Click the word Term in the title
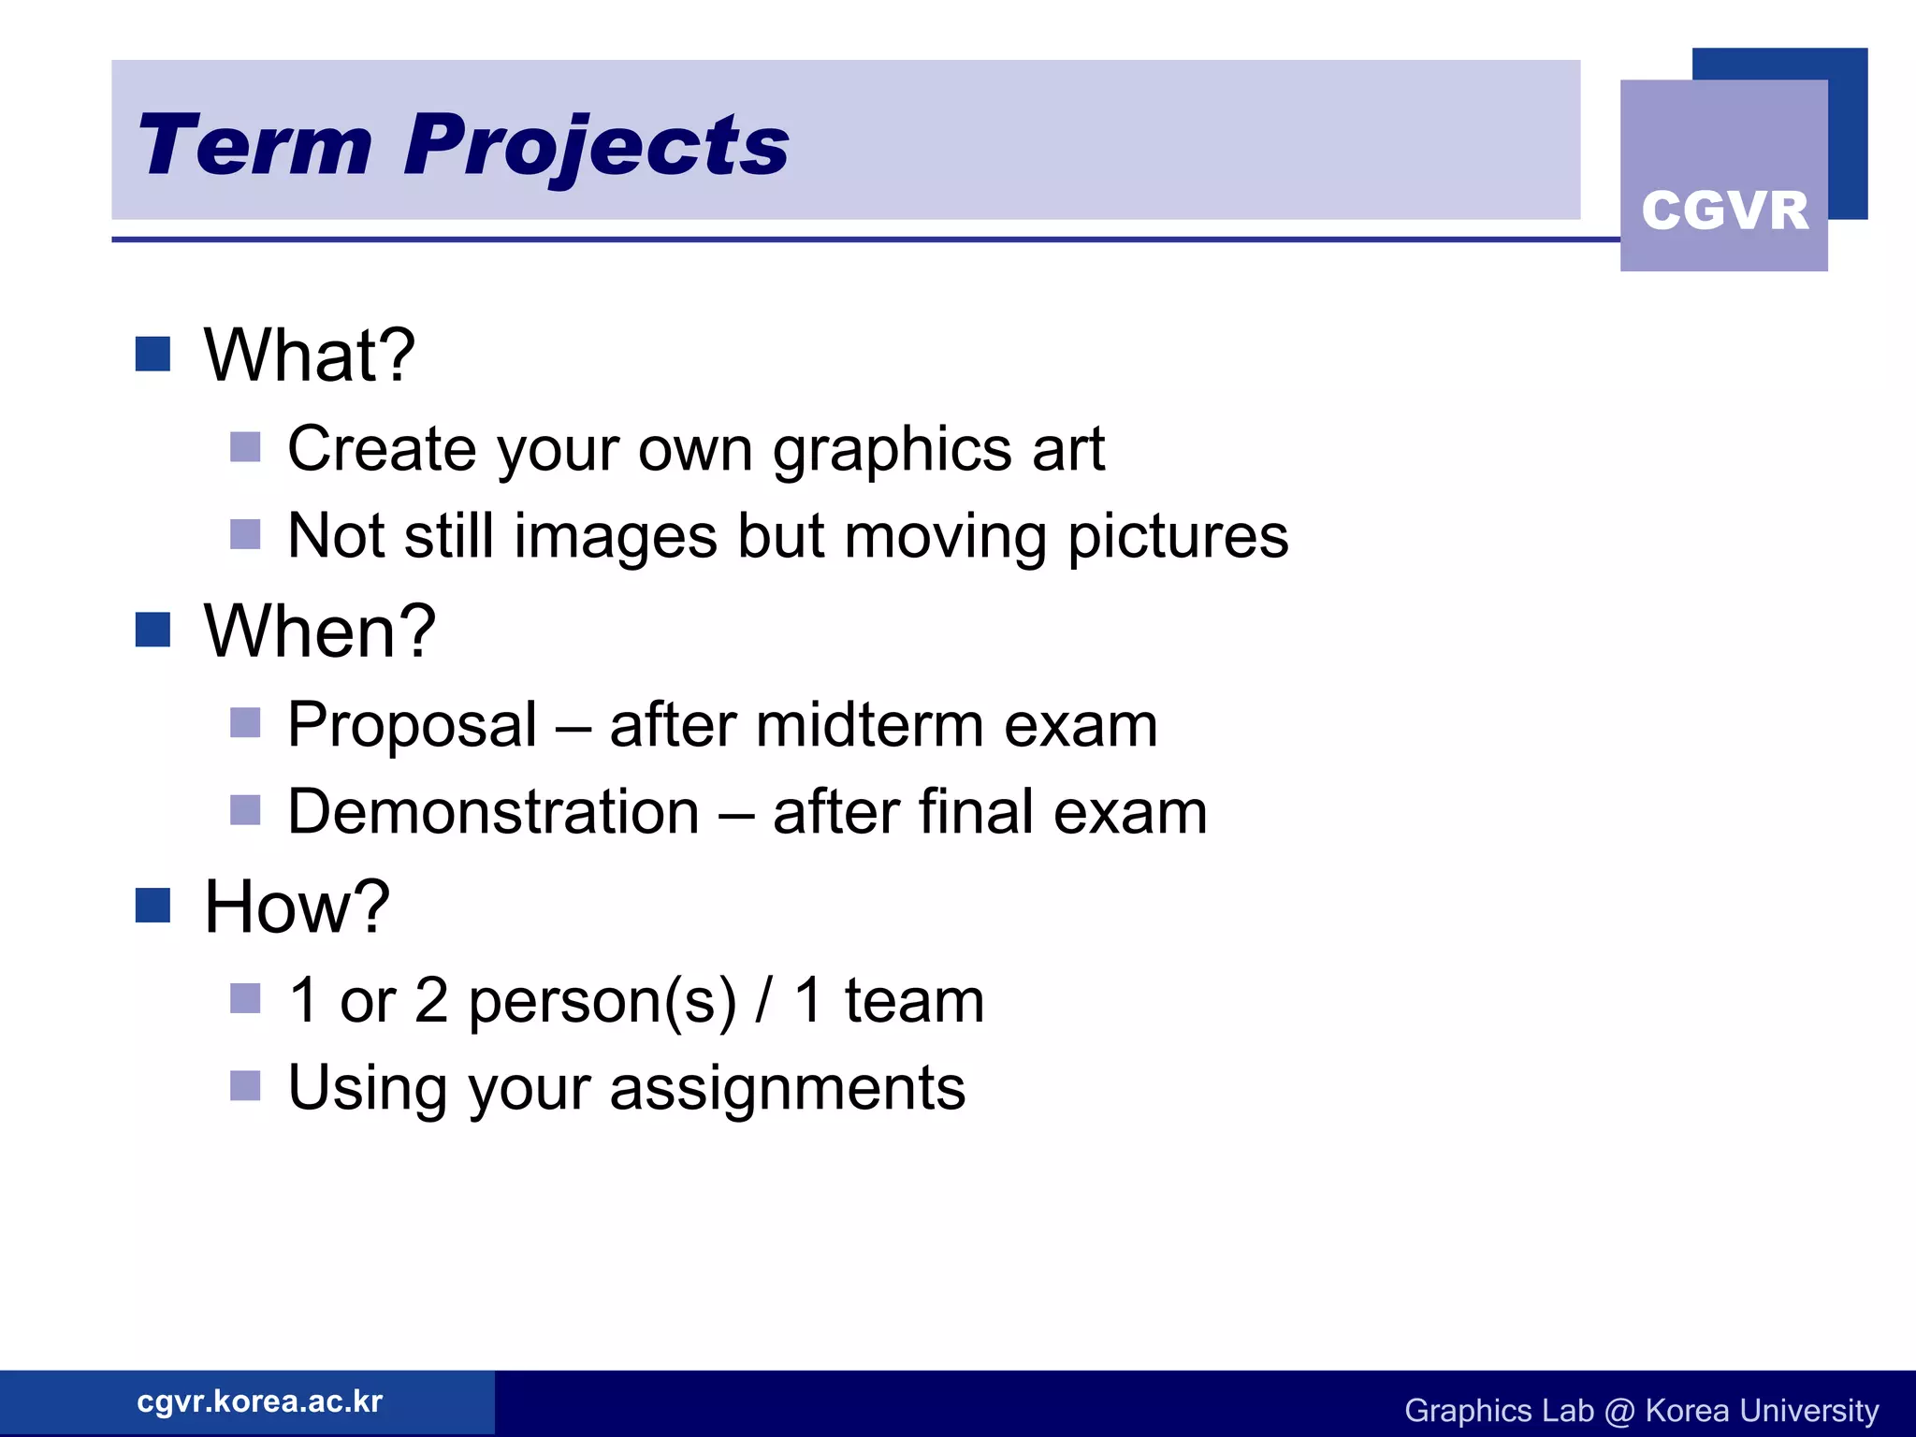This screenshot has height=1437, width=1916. (254, 145)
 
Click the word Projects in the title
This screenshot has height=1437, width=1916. (596, 145)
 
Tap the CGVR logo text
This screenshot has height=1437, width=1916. (1724, 210)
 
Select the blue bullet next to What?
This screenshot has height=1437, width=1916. (152, 354)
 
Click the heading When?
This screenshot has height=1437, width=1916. (319, 631)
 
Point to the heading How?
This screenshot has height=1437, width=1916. (297, 907)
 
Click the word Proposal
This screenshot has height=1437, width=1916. (412, 725)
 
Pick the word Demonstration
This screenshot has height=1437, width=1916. (493, 811)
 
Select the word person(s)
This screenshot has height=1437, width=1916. (602, 1001)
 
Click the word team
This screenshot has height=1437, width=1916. (914, 1001)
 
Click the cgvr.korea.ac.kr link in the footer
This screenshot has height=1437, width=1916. (259, 1401)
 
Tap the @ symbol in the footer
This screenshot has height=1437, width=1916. (1618, 1411)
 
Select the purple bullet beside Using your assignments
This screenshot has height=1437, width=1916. (245, 1086)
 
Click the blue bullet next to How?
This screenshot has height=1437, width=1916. (152, 905)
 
